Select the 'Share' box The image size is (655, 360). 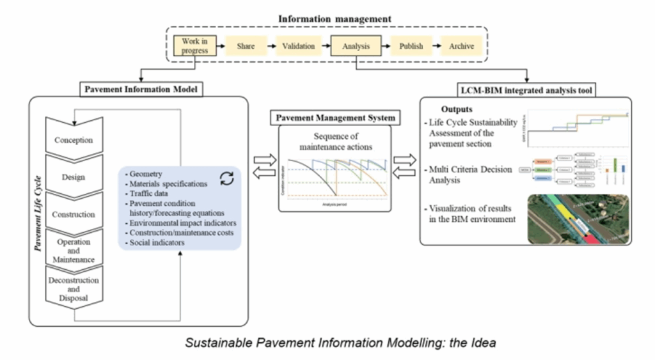click(246, 47)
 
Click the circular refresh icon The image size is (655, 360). click(227, 178)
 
